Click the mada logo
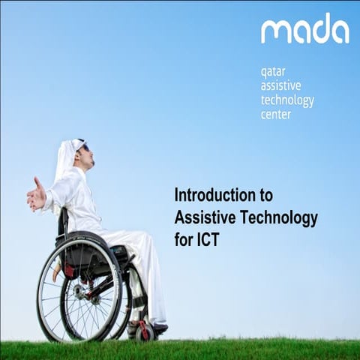pos(304,29)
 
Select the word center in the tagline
pos(275,115)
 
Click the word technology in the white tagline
pos(287,100)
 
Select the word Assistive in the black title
pos(199,218)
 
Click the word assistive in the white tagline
pos(280,86)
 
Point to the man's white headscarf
pos(66,161)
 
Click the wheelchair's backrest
pos(64,225)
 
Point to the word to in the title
pos(265,195)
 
